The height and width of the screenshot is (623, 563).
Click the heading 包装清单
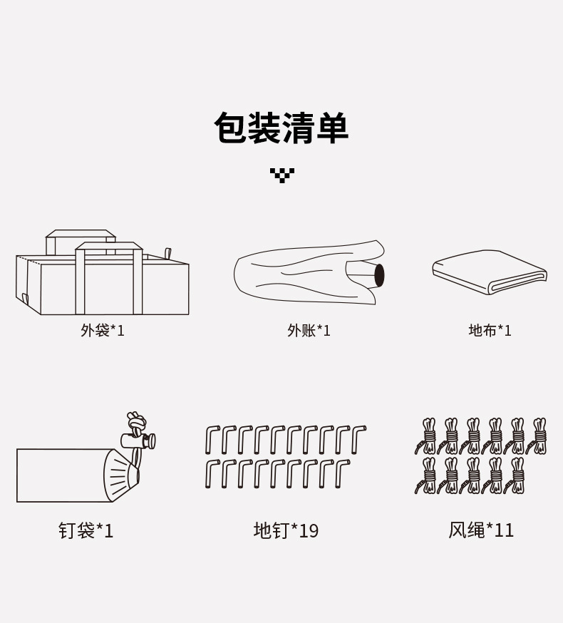coord(281,128)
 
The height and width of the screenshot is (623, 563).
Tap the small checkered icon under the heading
coord(282,175)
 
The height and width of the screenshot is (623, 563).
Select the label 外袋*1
coord(103,331)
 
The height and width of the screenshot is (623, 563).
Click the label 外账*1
coord(309,331)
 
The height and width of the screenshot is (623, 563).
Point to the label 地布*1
coord(490,331)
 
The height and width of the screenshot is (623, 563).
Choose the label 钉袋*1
coord(86,531)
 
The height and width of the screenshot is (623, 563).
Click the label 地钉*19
coord(286,531)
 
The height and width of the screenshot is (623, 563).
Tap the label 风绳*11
coord(481,530)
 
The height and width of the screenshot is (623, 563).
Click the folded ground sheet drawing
coord(489,272)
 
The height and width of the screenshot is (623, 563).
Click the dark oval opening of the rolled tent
coord(379,275)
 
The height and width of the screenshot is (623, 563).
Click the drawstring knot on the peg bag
coord(135,420)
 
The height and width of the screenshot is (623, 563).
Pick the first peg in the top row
coord(211,439)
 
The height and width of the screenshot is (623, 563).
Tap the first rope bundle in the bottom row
coord(427,475)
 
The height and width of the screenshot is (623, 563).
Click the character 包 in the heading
coord(231,128)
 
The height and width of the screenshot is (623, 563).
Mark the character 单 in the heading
coord(331,128)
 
